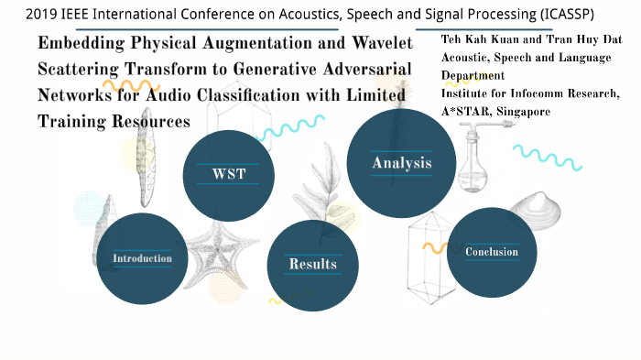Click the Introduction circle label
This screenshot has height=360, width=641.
142,258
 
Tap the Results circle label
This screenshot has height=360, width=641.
312,265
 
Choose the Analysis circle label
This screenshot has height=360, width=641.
401,163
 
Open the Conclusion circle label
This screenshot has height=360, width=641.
491,252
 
